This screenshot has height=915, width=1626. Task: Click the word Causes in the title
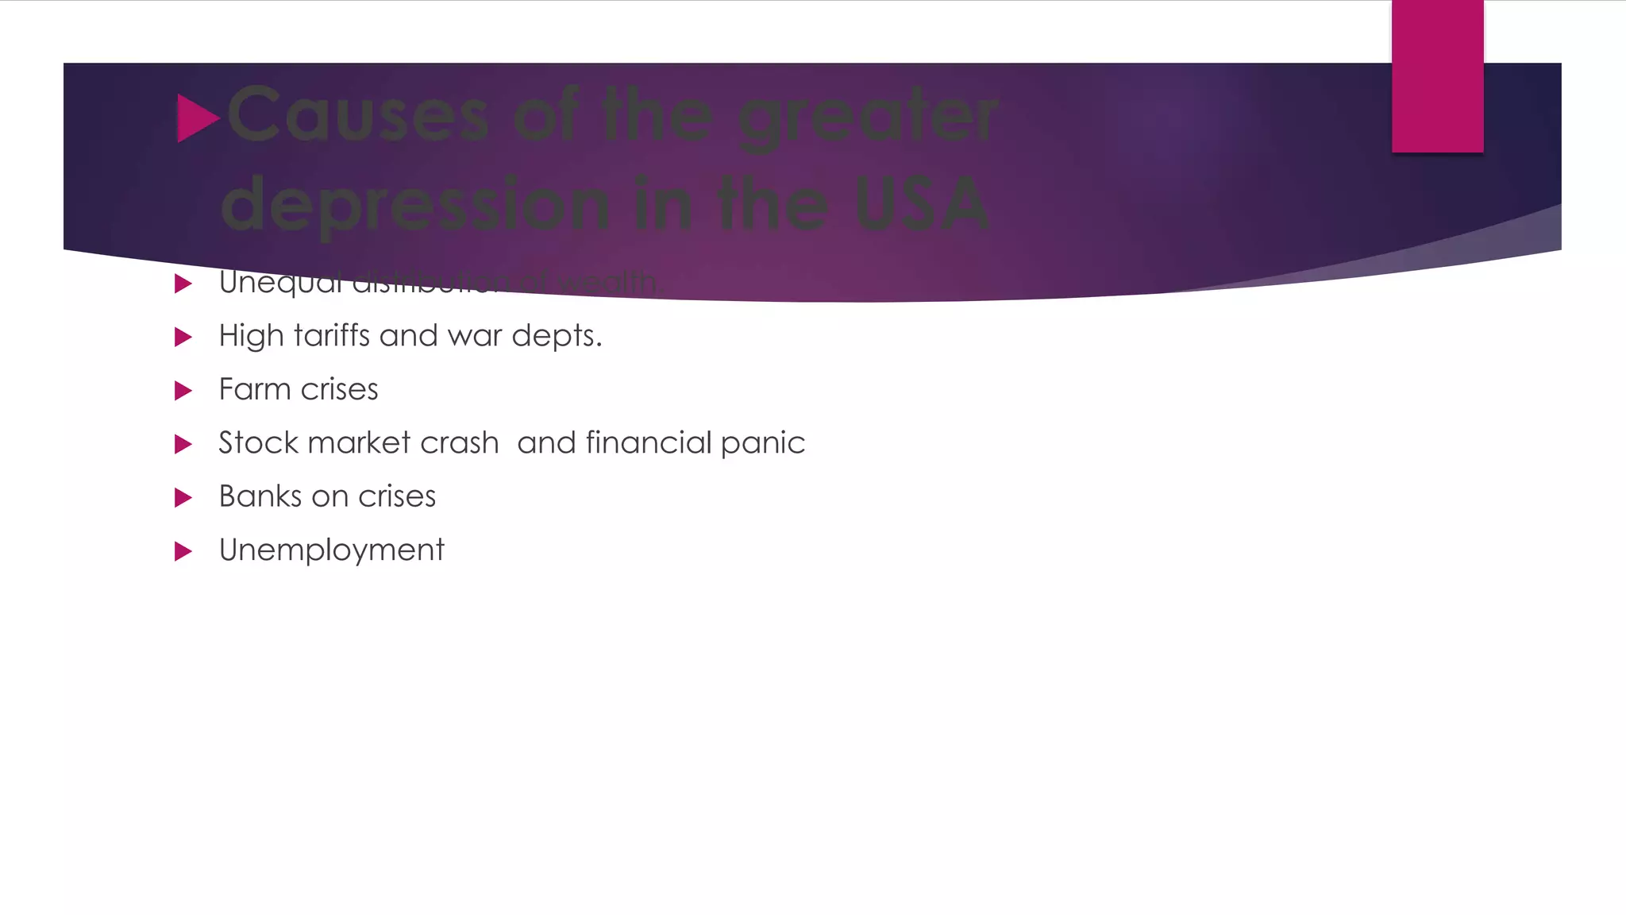point(357,116)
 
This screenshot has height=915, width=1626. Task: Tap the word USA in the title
point(922,203)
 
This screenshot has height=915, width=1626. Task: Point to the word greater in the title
point(866,118)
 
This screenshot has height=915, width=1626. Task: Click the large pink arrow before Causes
point(196,118)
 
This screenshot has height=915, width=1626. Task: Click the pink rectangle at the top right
point(1437,76)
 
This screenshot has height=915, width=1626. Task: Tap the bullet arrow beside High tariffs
point(183,337)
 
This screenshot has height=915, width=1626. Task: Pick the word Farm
point(254,389)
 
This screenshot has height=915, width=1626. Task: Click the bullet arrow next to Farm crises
point(183,390)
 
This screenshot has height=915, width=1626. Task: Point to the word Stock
point(258,442)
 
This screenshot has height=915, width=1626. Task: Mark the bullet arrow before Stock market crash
point(183,444)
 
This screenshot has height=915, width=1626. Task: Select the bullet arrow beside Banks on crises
point(183,498)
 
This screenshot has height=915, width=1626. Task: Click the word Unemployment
point(331,550)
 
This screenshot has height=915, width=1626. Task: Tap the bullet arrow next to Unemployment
point(183,551)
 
